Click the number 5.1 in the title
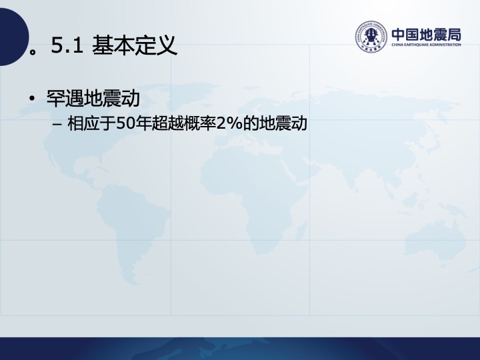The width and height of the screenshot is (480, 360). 67,45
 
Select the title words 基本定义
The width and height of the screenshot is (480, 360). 135,45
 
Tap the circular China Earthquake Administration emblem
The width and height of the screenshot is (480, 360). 371,36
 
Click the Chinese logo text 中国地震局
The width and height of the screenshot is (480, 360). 427,35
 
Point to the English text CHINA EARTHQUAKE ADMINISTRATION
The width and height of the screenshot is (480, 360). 427,45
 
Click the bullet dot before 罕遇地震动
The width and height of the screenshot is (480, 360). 31,99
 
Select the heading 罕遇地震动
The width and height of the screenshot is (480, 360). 93,98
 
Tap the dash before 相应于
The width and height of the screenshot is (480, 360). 57,125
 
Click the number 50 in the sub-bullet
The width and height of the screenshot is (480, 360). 125,124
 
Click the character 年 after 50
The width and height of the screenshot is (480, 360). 143,124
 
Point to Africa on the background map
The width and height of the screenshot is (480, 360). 251,196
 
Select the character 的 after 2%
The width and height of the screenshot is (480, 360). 251,124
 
